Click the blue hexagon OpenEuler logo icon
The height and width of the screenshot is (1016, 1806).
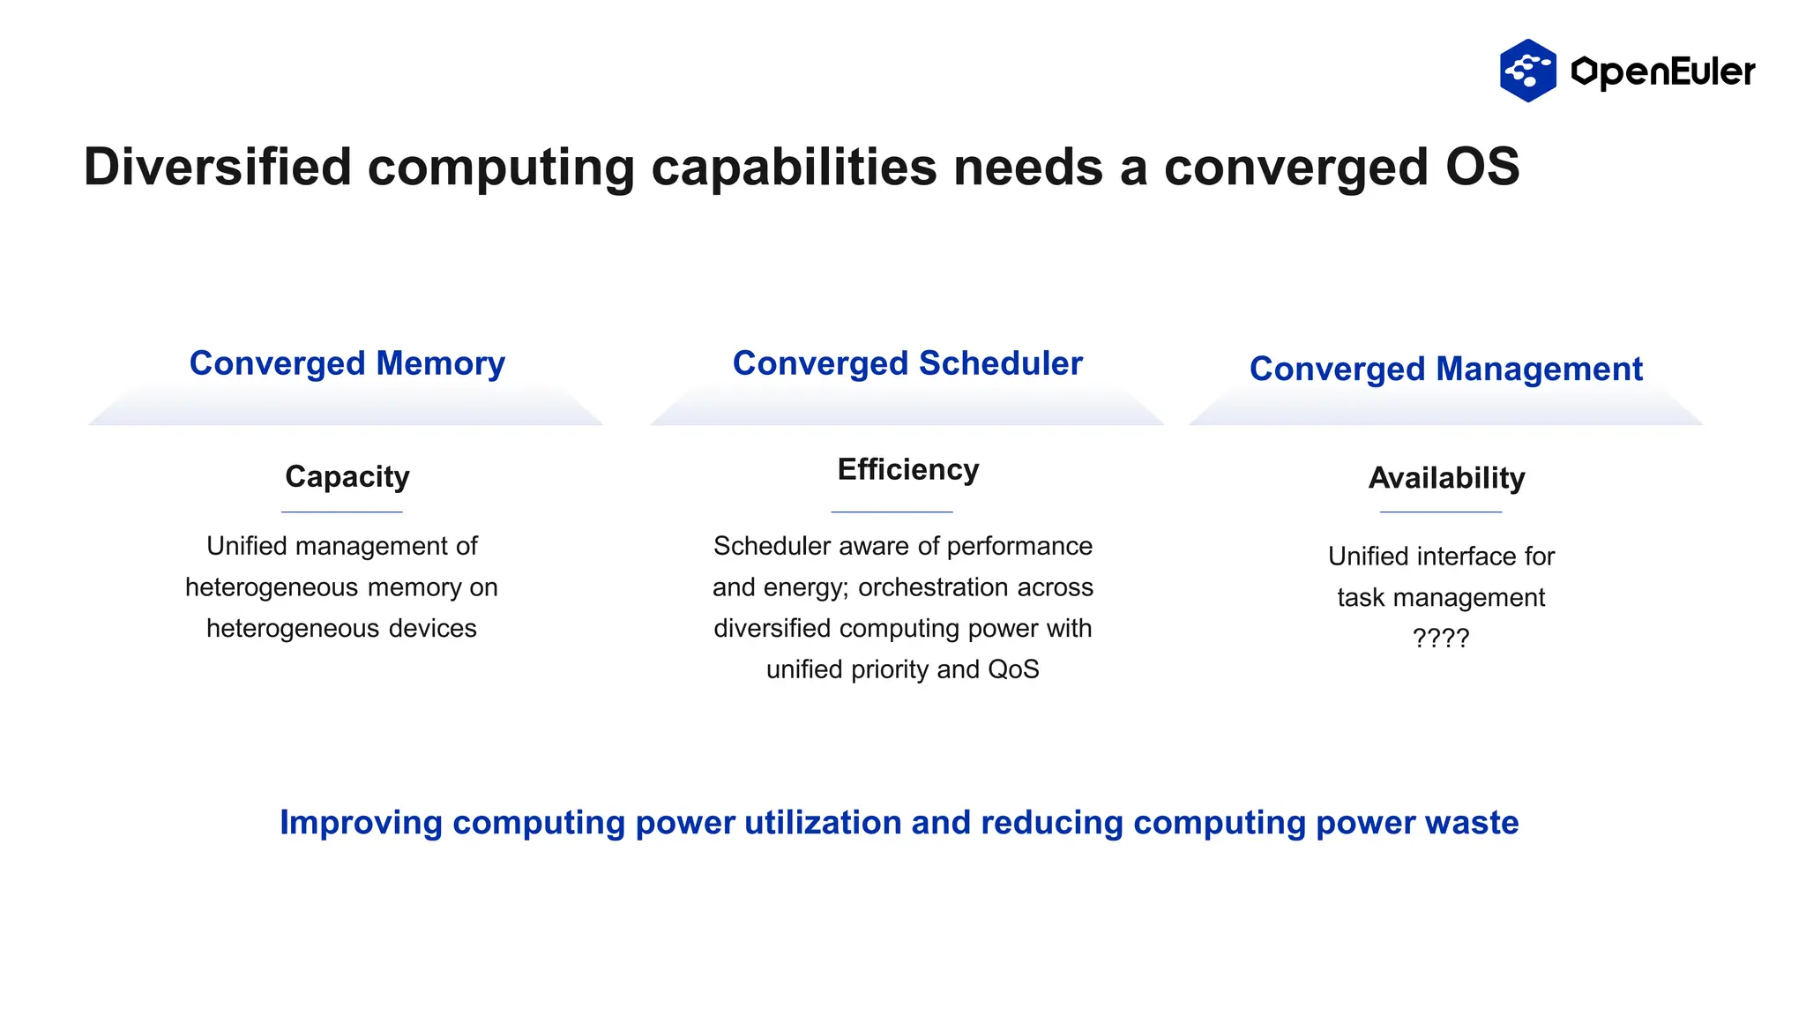(x=1527, y=71)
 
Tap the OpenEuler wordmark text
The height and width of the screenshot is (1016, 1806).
(x=1663, y=71)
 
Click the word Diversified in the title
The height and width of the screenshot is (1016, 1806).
(x=217, y=167)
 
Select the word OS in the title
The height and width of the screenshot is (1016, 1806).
(x=1481, y=167)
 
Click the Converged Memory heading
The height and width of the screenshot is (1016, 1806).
(x=347, y=363)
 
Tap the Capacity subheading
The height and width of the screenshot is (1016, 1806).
(x=347, y=476)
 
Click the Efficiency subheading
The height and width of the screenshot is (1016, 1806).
(x=907, y=469)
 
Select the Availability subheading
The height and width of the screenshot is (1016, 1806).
(x=1446, y=478)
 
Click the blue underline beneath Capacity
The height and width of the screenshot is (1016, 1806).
(x=342, y=512)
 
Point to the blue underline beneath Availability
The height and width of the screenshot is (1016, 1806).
(x=1440, y=512)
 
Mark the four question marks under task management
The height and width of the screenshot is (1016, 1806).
(x=1440, y=638)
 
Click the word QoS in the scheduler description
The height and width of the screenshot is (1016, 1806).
(x=1013, y=669)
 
